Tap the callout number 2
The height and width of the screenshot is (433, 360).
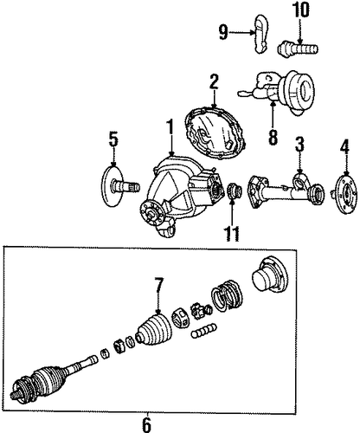click(x=214, y=83)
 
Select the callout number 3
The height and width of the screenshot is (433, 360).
click(x=299, y=145)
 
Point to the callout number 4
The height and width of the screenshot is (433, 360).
click(x=344, y=147)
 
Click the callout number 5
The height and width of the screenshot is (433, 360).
click(x=113, y=139)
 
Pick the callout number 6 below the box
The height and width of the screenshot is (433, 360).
click(x=146, y=424)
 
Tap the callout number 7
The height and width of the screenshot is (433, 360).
click(x=158, y=286)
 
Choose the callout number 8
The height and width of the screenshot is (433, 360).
click(x=273, y=137)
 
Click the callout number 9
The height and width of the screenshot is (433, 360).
click(x=223, y=33)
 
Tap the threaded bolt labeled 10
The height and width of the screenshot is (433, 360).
click(x=298, y=50)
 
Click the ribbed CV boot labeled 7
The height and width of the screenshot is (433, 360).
click(x=154, y=329)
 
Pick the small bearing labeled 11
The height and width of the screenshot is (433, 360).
click(x=234, y=192)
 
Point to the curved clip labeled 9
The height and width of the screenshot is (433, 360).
click(x=261, y=34)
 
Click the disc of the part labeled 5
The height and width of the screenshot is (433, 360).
click(x=112, y=186)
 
